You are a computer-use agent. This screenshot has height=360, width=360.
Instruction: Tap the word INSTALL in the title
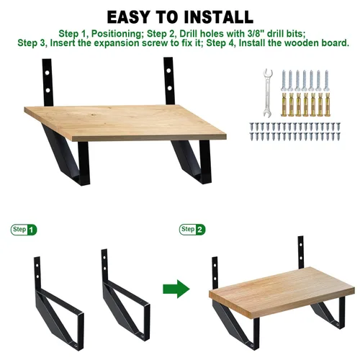[219, 17]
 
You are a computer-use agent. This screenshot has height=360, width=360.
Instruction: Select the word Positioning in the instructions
[117, 34]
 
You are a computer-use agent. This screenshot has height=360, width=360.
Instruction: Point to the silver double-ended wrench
[267, 93]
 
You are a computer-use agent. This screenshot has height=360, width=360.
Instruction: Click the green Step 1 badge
[24, 230]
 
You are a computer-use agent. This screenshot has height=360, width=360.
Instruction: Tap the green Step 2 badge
[192, 230]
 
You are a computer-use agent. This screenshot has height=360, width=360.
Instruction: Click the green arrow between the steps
[176, 289]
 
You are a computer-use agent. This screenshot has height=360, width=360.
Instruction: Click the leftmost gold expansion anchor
[284, 104]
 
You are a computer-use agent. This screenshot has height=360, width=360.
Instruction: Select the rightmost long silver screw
[326, 81]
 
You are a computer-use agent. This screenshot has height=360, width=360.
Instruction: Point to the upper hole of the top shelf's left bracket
[48, 72]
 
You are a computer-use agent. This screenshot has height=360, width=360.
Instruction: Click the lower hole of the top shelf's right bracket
[169, 88]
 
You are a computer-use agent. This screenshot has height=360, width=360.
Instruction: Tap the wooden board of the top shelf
[125, 122]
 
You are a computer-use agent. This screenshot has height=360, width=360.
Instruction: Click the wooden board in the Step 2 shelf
[282, 292]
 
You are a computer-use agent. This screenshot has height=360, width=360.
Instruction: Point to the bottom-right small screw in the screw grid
[338, 137]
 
